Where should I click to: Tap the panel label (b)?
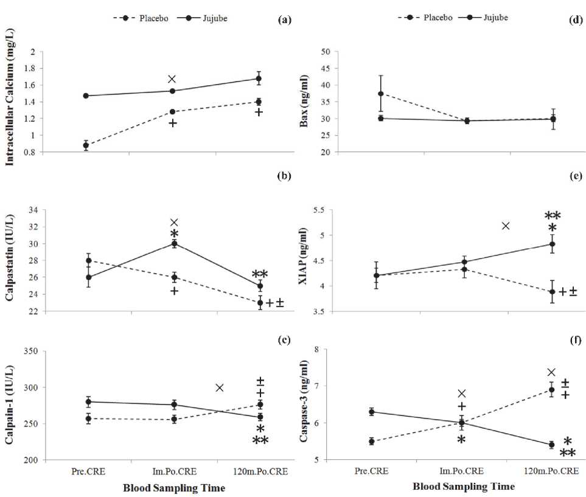coord(284,176)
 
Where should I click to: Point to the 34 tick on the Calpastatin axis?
coord(32,210)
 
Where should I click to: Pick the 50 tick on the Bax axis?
coord(324,52)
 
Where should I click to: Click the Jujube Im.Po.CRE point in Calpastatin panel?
coord(174,244)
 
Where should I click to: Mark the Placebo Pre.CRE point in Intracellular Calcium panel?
coord(86,145)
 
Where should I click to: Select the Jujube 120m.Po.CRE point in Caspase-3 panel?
coord(552,445)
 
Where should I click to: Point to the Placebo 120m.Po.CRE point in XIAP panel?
coord(552,292)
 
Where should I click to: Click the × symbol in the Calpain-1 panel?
coord(220,388)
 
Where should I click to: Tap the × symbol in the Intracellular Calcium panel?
coord(172,79)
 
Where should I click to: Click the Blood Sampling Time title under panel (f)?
coord(463,487)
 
